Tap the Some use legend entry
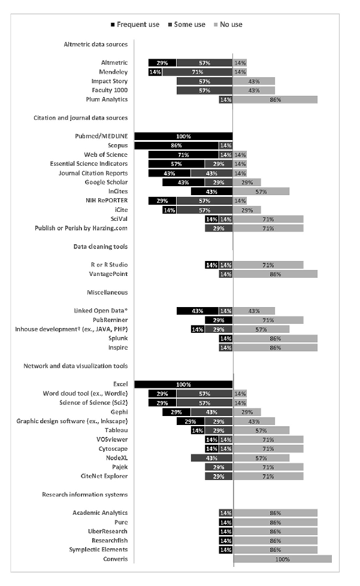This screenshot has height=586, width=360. tap(185, 25)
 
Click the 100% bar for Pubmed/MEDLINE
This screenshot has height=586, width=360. tap(183, 136)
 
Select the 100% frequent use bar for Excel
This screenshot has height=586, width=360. tap(183, 385)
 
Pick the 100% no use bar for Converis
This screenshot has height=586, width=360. tap(282, 559)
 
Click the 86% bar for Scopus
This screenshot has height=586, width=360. tap(177, 145)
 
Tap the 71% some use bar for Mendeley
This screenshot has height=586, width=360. tap(197, 72)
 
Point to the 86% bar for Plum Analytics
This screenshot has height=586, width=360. tap(275, 99)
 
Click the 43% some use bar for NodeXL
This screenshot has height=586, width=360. tap(211, 458)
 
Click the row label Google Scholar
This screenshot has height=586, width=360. tap(107, 182)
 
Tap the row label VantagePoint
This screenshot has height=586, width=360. tap(107, 274)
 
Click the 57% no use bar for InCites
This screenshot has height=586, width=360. tap(261, 192)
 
